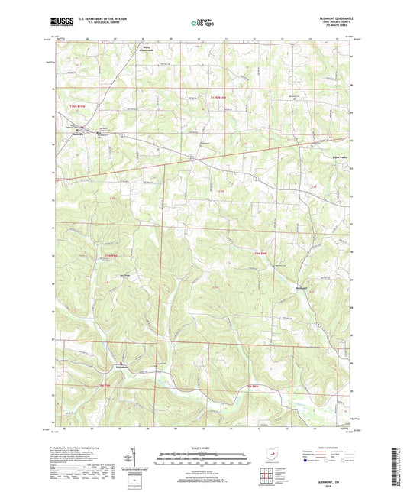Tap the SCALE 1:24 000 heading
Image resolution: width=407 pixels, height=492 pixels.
[203, 447]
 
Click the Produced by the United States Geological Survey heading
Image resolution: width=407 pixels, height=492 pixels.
[83, 445]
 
